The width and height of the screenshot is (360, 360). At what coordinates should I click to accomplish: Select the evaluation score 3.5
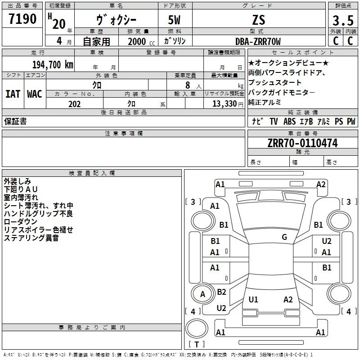[x=342, y=21]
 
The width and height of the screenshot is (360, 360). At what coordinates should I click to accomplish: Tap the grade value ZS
[x=259, y=20]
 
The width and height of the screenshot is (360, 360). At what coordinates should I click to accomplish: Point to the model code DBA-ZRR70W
[x=258, y=41]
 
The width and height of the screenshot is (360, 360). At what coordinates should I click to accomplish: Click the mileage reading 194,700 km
[x=52, y=64]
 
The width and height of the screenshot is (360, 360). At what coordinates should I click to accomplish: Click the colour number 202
[x=74, y=104]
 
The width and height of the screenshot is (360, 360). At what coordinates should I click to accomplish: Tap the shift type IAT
[x=13, y=94]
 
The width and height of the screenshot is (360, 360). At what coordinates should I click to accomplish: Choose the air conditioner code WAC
[x=34, y=94]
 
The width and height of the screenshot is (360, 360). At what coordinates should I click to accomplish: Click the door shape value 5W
[x=175, y=20]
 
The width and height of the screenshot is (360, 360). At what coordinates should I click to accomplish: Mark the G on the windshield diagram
[x=284, y=237]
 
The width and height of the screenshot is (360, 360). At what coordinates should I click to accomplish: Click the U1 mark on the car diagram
[x=253, y=299]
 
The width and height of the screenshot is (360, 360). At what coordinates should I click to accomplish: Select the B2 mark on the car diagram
[x=221, y=292]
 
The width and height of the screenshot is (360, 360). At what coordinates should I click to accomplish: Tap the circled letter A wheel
[x=202, y=294]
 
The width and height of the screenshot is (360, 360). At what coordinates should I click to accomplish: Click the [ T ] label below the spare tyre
[x=197, y=345]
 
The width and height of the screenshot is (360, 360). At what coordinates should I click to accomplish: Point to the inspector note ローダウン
[x=20, y=222]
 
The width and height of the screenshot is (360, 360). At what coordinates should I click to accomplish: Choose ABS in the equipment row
[x=289, y=121]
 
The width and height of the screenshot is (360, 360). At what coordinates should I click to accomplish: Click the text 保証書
[x=15, y=121]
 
